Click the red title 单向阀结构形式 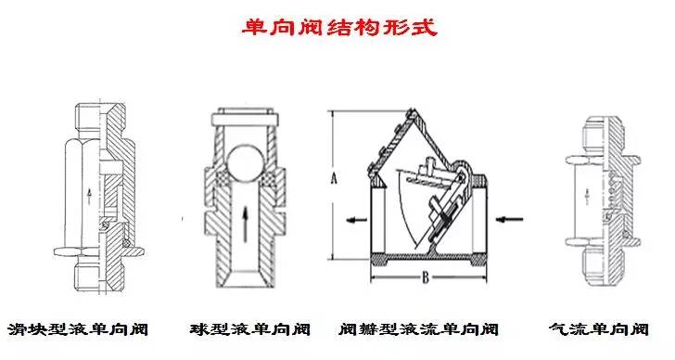coord(339,27)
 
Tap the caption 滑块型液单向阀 coord(78,329)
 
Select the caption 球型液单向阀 coord(250,329)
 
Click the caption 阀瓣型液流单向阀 coord(418,329)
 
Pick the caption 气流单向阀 coord(599,329)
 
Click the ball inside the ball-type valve coord(245,163)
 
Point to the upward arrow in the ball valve coord(245,225)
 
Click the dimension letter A coord(334,178)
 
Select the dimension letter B coord(426,277)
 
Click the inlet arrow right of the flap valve coord(509,220)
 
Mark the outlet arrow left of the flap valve coord(357,220)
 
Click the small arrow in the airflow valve coord(586,197)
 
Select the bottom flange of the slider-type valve coord(98,251)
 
